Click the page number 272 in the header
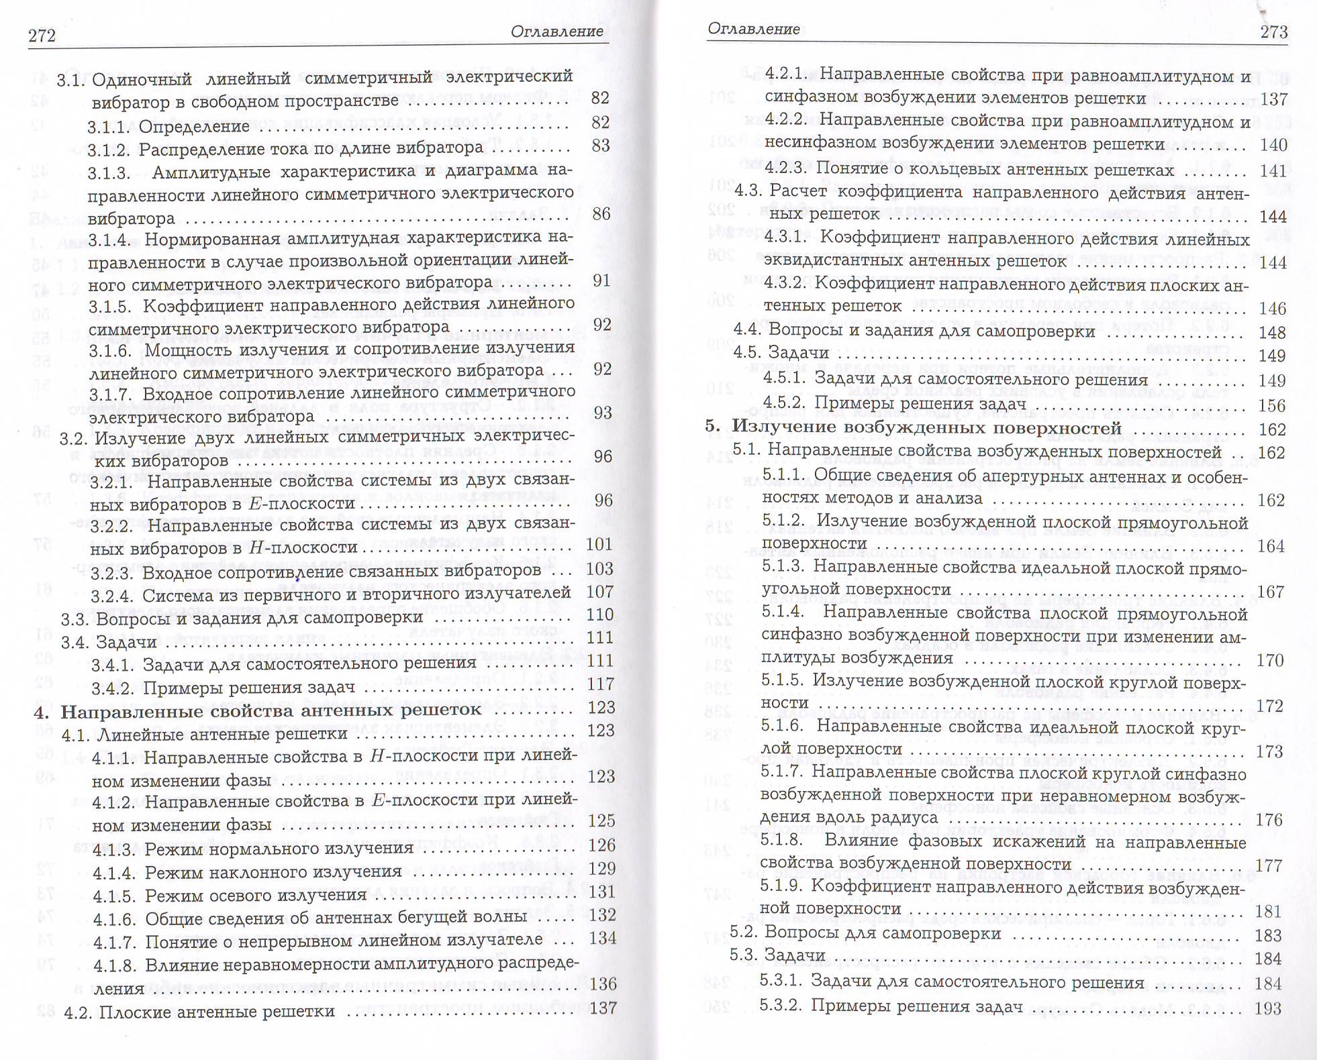pos(42,35)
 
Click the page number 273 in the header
pos(1273,32)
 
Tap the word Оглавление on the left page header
pos(556,32)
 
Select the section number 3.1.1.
pos(109,126)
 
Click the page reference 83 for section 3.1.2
pos(601,146)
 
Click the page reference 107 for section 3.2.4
pos(600,592)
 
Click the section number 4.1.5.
pos(114,895)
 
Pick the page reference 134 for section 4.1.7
pos(601,939)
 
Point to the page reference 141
pos(1273,170)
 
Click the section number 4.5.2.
pos(784,403)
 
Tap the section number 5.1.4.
pos(783,612)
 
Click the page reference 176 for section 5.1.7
pos(1269,820)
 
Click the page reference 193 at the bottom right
pos(1268,1008)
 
